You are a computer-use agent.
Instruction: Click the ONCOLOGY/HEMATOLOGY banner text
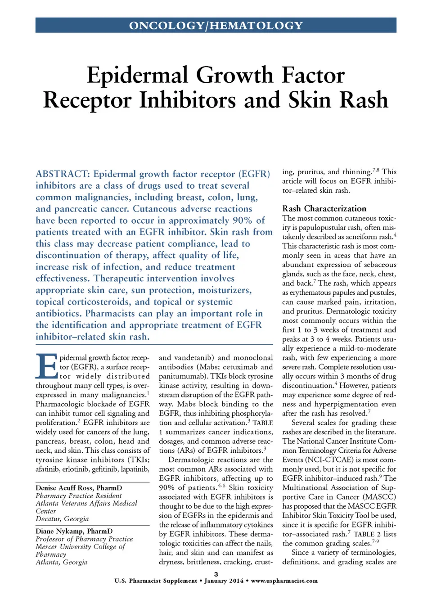216,26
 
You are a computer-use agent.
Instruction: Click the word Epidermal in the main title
137,75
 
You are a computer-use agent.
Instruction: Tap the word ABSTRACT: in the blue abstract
63,174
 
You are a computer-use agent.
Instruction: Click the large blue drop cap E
46,366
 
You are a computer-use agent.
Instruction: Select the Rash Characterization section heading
324,208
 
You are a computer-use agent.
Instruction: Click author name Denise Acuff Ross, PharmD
79,488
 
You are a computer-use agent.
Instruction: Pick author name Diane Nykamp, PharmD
74,531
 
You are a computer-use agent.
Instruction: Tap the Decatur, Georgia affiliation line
62,518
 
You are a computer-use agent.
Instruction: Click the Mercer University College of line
80,546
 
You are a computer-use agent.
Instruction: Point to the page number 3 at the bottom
216,574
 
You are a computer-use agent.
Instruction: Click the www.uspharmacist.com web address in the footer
284,581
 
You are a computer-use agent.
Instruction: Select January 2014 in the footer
224,581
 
